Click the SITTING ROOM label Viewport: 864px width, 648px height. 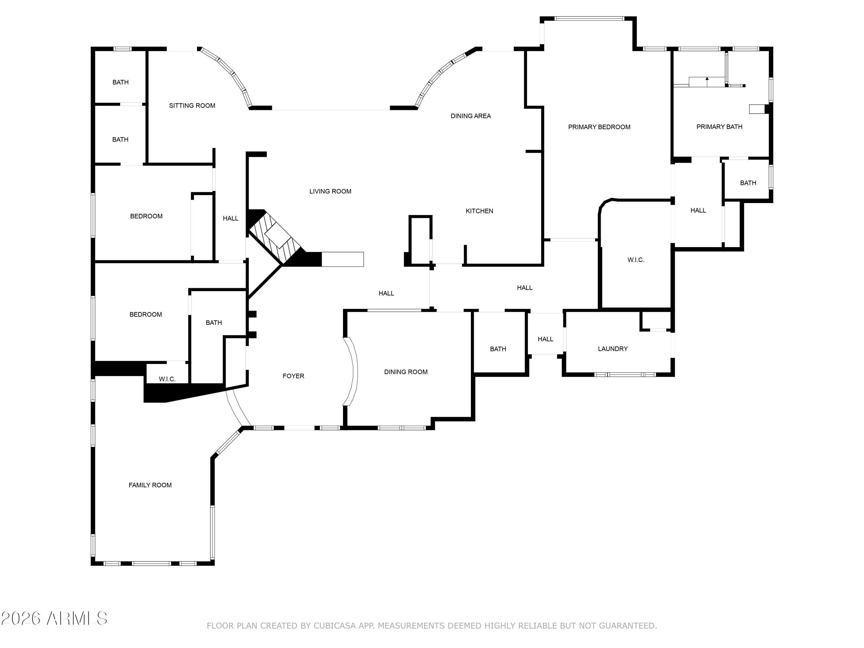point(192,105)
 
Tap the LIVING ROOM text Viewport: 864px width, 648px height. point(330,192)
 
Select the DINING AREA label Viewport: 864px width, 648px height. point(470,116)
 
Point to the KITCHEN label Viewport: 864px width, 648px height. point(479,211)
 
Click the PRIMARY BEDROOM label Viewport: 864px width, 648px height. point(599,127)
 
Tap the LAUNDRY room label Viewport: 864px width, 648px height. point(613,349)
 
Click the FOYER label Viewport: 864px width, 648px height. point(293,376)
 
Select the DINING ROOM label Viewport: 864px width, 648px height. point(406,372)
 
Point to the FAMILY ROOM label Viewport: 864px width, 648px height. point(150,485)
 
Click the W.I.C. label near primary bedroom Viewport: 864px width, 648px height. point(636,260)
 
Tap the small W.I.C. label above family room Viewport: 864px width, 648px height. point(167,379)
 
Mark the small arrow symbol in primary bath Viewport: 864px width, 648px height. point(706,79)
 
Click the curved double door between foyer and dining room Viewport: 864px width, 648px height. point(351,371)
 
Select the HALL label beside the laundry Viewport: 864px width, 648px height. point(545,339)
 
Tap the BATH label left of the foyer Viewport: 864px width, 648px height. point(214,323)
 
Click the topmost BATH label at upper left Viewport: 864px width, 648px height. point(120,82)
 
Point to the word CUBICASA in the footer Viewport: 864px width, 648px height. point(334,626)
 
